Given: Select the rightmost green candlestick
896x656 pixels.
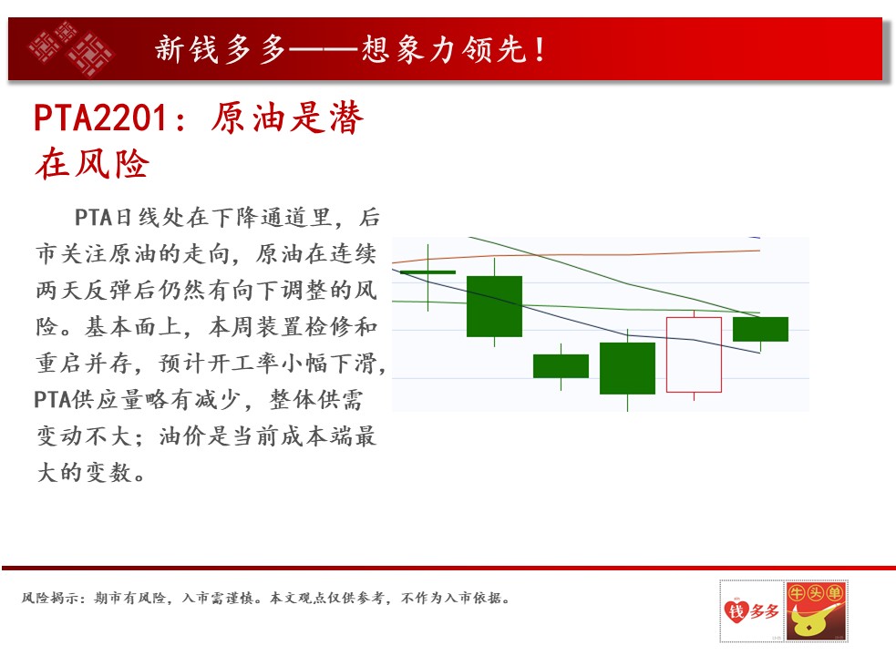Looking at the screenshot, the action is click(760, 330).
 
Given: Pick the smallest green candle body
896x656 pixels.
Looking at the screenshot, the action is click(561, 366).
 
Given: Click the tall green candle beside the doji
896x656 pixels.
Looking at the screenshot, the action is click(494, 306).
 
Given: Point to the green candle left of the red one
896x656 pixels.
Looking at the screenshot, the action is click(627, 369).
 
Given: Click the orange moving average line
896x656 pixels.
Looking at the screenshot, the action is click(576, 255).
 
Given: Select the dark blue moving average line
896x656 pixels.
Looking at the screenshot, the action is click(576, 311).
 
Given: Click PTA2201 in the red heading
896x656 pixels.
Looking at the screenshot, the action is click(100, 118).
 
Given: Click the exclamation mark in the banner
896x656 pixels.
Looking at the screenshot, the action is click(540, 49).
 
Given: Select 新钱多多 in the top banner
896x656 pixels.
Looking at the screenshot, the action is click(220, 49).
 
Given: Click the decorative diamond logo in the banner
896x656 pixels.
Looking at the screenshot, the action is click(71, 48).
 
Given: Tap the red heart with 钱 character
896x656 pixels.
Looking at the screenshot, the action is click(736, 610).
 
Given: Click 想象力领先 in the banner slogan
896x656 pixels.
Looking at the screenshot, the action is click(443, 49).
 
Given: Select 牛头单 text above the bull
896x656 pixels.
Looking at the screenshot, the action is click(816, 593).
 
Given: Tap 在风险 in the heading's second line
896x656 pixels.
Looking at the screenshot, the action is click(91, 164).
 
